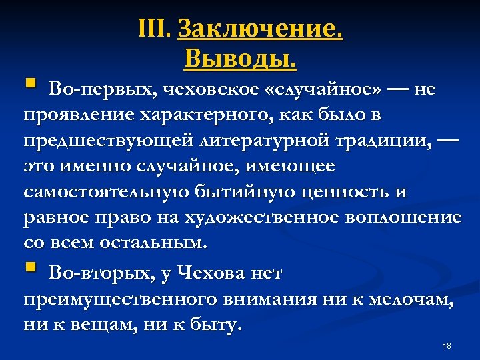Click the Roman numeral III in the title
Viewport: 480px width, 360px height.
click(155, 29)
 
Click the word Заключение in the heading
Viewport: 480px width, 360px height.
click(261, 29)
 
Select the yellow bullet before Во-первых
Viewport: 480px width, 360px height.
click(29, 85)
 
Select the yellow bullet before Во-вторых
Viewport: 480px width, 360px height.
click(29, 268)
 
